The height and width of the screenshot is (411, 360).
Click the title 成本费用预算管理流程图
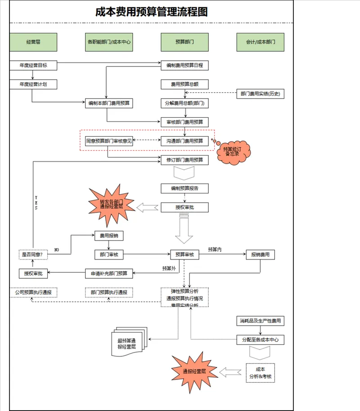click(x=151, y=12)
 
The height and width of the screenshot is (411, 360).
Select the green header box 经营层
click(x=33, y=42)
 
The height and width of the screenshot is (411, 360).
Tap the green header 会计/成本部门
click(x=260, y=42)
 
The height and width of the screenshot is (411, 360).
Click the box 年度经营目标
click(x=33, y=65)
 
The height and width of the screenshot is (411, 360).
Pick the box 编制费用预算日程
click(x=184, y=65)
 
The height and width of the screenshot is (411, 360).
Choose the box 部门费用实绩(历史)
click(x=260, y=94)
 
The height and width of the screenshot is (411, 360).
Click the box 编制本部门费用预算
click(x=109, y=103)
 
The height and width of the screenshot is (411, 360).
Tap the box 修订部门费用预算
click(x=184, y=160)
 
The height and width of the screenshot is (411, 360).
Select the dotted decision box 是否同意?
click(x=33, y=255)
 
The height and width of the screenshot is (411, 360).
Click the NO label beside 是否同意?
click(x=57, y=250)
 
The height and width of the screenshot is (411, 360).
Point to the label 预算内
click(x=215, y=250)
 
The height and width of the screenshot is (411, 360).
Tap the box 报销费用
click(x=260, y=255)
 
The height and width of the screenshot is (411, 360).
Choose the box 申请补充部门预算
click(x=109, y=273)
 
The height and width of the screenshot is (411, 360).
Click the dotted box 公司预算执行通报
click(x=33, y=293)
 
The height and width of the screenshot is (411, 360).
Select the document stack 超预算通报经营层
click(x=129, y=342)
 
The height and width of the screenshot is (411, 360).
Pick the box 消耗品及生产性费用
click(x=260, y=321)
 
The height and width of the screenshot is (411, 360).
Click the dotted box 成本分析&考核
click(x=260, y=373)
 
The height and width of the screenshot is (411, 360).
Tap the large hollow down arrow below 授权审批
click(x=184, y=228)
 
